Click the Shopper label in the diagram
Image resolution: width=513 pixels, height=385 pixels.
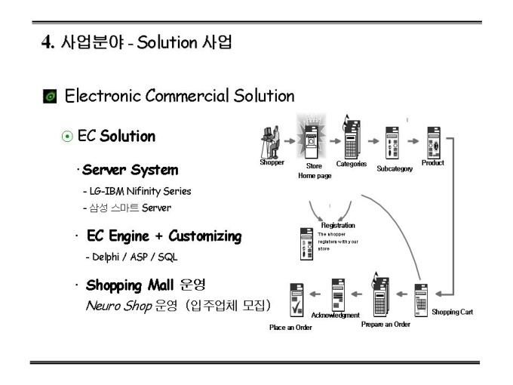(272, 162)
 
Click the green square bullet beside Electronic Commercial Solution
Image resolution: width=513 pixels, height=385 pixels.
(50, 97)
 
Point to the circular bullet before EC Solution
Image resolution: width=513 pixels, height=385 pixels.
(67, 137)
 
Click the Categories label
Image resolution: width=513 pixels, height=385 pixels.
(352, 163)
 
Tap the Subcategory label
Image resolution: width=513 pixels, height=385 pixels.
(395, 168)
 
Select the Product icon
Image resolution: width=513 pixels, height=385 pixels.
(434, 141)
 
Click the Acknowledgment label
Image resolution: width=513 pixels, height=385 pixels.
(336, 315)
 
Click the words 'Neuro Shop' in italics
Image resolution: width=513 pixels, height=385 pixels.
(110, 303)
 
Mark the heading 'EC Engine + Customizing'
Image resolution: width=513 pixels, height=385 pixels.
(163, 237)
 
